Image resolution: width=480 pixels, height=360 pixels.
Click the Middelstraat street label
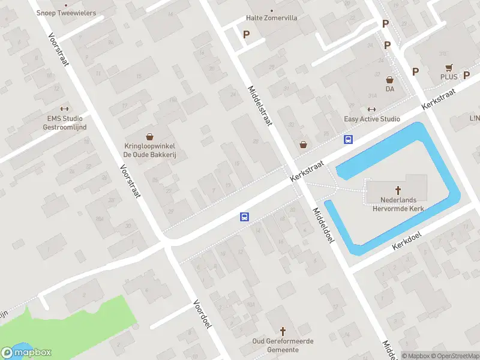pyautogui.click(x=260, y=105)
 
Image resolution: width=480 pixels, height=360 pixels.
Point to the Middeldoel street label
pyautogui.click(x=322, y=226)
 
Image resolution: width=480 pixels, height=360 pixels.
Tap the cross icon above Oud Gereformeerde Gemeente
pyautogui.click(x=283, y=331)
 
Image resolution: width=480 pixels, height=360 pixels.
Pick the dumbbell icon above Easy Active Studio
pyautogui.click(x=371, y=109)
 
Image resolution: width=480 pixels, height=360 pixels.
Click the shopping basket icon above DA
pyautogui.click(x=389, y=79)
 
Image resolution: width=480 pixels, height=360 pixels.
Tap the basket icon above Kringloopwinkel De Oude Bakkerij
pyautogui.click(x=149, y=137)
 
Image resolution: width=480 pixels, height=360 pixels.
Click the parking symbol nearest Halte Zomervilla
pyautogui.click(x=246, y=34)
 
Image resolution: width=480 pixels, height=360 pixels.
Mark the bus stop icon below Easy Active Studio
pyautogui.click(x=348, y=139)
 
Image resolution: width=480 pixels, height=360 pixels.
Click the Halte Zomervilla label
pyautogui.click(x=272, y=18)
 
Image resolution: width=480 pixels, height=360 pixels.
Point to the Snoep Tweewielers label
pyautogui.click(x=66, y=13)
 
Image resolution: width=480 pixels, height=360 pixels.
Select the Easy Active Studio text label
pyautogui.click(x=372, y=119)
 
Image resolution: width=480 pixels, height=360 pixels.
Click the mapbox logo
pyautogui.click(x=26, y=352)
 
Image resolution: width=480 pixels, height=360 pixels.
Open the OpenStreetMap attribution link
pyautogui.click(x=456, y=356)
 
